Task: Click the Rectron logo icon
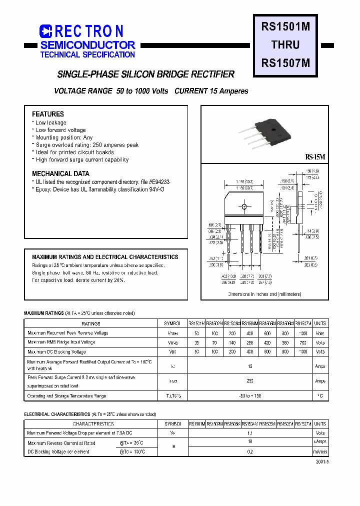click(46, 31)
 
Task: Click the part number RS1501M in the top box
click(285, 27)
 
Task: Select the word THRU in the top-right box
click(285, 45)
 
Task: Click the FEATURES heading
click(48, 114)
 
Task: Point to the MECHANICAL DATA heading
click(60, 174)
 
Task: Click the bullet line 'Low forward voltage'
click(60, 130)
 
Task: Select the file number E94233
click(159, 182)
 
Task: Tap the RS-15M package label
click(315, 157)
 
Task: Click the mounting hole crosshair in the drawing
click(244, 206)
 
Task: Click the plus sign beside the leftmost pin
click(223, 252)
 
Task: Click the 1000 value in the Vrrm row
click(302, 333)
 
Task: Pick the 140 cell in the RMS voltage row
click(232, 343)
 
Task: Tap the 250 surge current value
click(250, 381)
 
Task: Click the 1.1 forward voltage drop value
click(250, 433)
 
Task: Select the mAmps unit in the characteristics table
click(320, 451)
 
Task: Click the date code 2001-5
click(322, 462)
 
